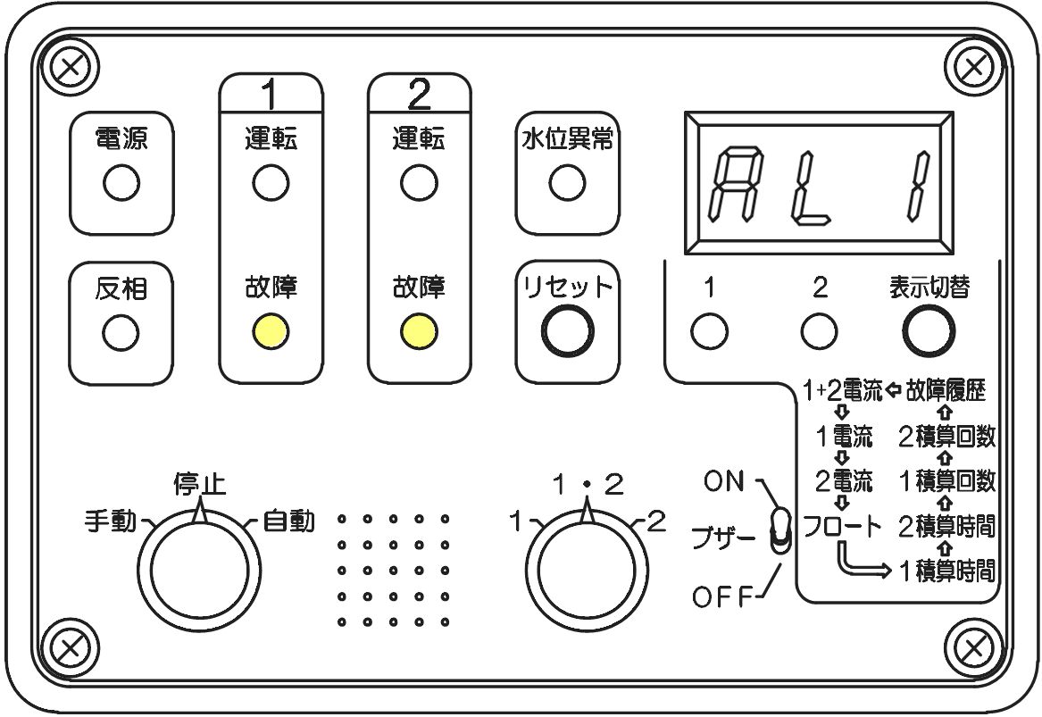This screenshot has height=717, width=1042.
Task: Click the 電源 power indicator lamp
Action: click(x=121, y=185)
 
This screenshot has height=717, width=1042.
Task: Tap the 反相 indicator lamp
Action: click(x=121, y=332)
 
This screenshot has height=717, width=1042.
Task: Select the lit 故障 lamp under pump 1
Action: click(x=270, y=331)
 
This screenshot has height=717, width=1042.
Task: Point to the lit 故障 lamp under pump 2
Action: click(x=419, y=331)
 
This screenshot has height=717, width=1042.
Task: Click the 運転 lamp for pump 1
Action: click(x=270, y=184)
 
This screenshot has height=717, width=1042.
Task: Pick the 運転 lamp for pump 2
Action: click(x=419, y=184)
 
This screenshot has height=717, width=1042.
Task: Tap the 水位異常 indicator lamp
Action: click(x=567, y=184)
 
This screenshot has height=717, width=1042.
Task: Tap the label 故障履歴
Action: click(x=946, y=390)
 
